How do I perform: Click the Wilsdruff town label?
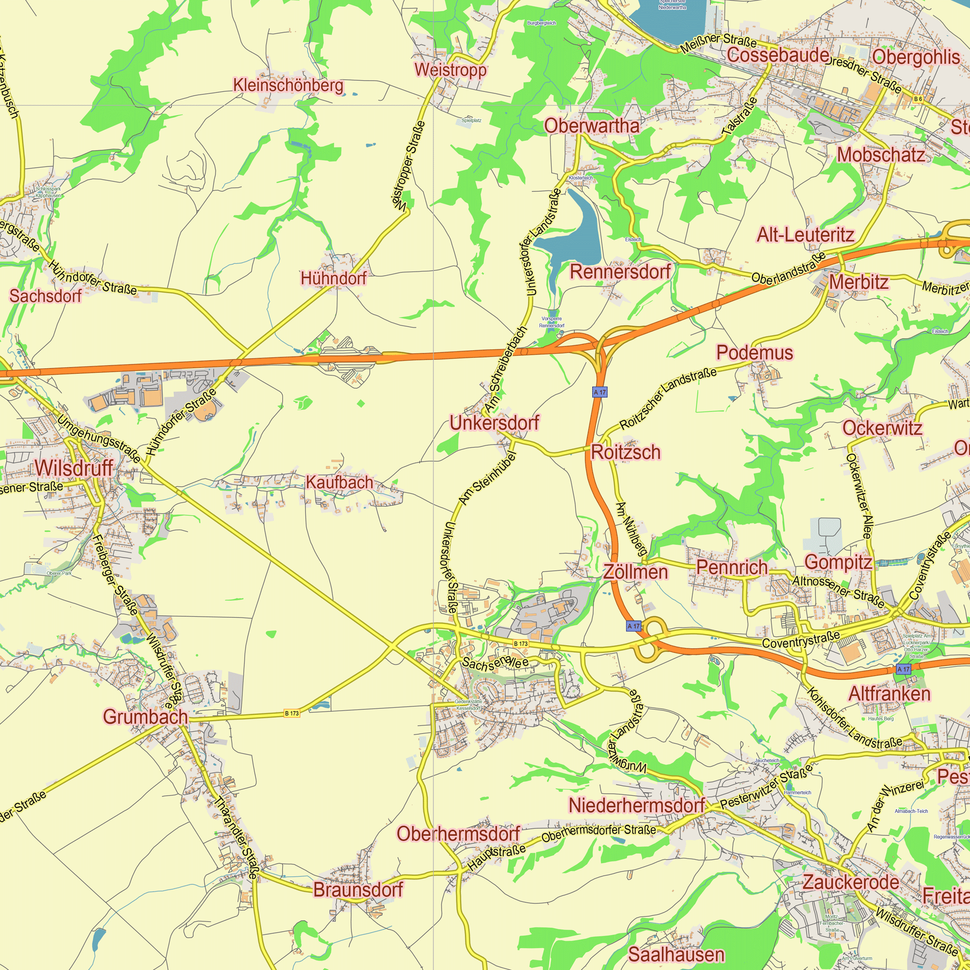pos(74,469)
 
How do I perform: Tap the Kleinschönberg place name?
pos(288,85)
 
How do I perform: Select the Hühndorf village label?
pos(333,277)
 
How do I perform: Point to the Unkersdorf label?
pos(494,423)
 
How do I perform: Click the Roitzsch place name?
pos(626,453)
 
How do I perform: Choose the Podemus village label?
pos(755,353)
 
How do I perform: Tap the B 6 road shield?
pos(918,99)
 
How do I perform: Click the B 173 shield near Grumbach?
pos(291,713)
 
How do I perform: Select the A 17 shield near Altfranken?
pos(903,669)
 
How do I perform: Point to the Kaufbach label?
pos(339,483)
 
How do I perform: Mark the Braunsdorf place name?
pos(358,889)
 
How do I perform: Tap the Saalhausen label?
pos(676,954)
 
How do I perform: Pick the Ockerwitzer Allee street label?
pos(859,496)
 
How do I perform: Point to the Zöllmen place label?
pos(635,572)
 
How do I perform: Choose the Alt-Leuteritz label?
pos(805,234)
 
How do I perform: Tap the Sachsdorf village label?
pos(46,296)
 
